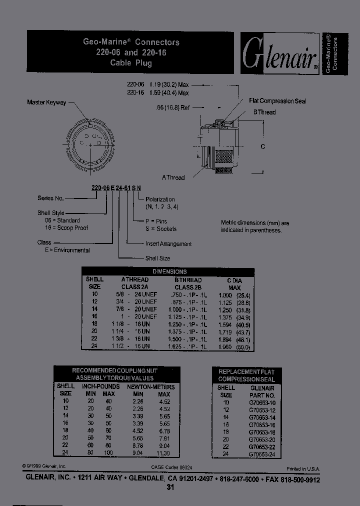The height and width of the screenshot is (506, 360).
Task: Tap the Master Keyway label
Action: tap(46, 102)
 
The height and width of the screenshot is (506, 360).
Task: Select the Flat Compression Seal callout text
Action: tap(277, 101)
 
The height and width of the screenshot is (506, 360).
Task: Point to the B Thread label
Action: tap(264, 112)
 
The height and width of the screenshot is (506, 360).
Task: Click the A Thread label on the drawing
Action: tap(173, 177)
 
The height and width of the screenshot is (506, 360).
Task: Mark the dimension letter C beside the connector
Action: tap(263, 146)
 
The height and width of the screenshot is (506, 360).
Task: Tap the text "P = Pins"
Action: tap(156, 221)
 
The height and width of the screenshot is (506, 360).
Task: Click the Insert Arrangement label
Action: tap(168, 244)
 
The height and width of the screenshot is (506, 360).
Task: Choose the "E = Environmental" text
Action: tap(63, 250)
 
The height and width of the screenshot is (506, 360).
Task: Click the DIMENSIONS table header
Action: tap(169, 271)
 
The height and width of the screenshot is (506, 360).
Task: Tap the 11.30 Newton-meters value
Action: tap(163, 453)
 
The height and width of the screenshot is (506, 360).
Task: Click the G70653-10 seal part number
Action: tap(262, 402)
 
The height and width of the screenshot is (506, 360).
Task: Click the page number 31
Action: tap(170, 488)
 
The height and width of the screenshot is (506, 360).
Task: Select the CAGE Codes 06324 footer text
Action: tap(172, 467)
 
